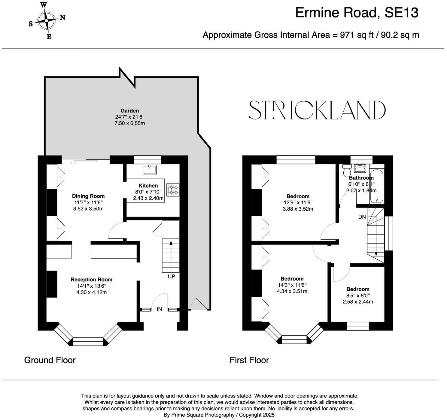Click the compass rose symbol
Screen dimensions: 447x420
47,20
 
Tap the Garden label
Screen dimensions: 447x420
130,111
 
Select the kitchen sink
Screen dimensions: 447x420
149,170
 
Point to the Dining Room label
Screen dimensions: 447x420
88,196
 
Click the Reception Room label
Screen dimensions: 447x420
91,280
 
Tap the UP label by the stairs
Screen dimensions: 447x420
171,276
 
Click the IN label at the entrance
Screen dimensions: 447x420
159,309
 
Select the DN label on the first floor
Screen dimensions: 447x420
362,217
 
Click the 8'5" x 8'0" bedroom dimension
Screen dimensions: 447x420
358,295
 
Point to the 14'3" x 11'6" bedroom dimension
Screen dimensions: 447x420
292,285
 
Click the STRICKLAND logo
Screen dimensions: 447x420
317,110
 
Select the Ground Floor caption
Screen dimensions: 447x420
50,360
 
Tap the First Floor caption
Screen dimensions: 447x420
249,360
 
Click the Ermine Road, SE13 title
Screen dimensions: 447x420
357,13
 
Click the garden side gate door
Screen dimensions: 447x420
199,304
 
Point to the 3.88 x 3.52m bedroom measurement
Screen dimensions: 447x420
298,209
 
